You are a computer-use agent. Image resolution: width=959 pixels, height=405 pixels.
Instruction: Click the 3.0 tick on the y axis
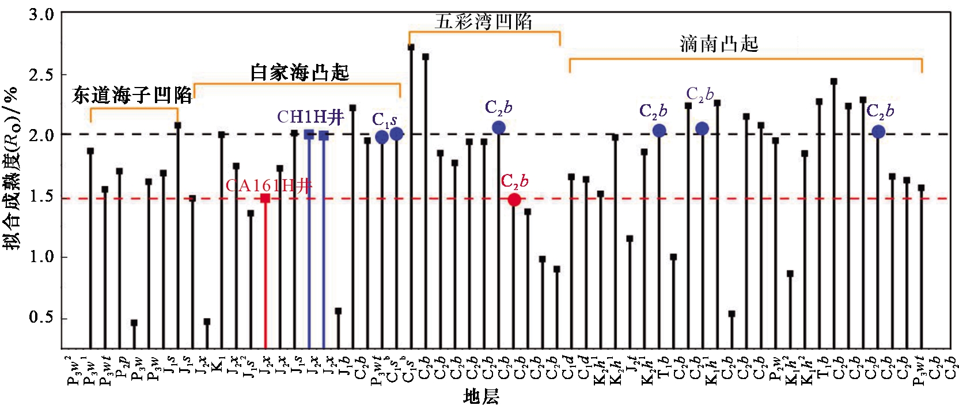(41, 14)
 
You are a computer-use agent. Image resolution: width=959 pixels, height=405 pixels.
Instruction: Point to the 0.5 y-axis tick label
(41, 317)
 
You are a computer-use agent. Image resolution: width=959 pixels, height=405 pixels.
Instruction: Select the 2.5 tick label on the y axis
(41, 74)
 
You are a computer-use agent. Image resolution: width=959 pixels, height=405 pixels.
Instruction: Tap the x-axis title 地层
(481, 396)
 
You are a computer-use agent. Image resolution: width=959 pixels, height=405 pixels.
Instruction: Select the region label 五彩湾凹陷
(483, 22)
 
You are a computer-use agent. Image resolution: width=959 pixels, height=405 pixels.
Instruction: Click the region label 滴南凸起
(719, 44)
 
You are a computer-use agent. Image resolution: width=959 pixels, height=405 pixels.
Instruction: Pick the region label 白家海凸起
(300, 73)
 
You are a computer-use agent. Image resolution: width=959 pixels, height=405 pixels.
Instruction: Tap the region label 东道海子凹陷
(132, 96)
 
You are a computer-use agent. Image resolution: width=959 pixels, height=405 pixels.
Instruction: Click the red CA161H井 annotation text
(268, 186)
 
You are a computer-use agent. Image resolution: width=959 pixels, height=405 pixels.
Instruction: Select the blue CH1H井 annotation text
(310, 117)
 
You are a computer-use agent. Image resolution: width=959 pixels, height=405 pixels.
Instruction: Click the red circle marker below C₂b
(514, 200)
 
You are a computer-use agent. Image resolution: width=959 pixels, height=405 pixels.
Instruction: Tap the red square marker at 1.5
(266, 198)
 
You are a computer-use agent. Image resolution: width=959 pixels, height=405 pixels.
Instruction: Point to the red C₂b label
(514, 181)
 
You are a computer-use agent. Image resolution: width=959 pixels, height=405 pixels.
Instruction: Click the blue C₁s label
(384, 120)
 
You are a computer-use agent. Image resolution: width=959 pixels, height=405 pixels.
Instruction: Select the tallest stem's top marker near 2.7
(411, 47)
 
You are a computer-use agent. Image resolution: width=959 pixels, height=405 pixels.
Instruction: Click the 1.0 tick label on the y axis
(41, 257)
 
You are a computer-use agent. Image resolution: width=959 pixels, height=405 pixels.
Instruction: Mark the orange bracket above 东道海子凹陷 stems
(134, 108)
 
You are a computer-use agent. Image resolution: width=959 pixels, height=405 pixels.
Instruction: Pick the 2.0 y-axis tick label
(41, 135)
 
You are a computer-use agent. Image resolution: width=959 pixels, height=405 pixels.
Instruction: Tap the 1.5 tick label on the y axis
(41, 196)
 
